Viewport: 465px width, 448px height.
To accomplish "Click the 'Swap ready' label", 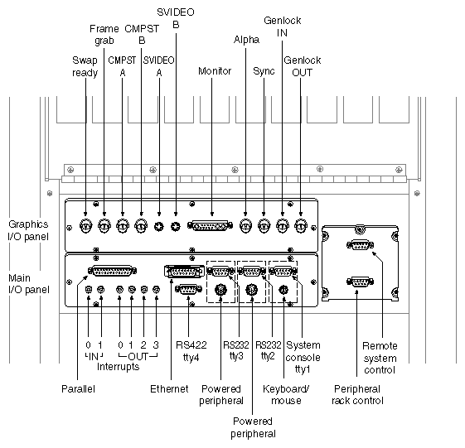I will tap(85, 66).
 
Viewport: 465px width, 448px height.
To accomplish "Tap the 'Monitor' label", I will tap(214, 71).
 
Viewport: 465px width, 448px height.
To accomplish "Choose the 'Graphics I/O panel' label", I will tap(29, 229).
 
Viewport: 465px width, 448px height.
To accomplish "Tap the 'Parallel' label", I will tap(79, 388).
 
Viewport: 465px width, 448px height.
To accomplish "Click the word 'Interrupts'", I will tap(118, 366).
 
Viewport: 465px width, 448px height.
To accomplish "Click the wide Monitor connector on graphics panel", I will tap(212, 224).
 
